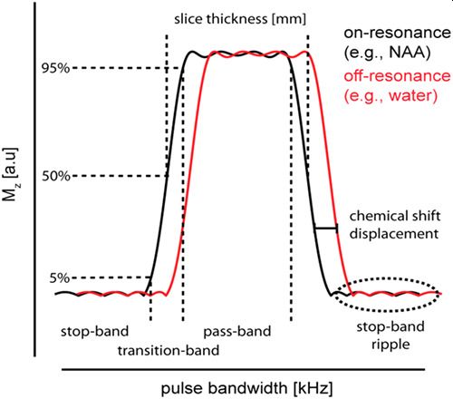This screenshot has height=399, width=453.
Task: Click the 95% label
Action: (56, 68)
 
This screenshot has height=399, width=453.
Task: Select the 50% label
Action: (56, 176)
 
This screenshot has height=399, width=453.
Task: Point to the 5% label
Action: (60, 278)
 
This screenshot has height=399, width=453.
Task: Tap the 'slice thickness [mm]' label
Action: (240, 19)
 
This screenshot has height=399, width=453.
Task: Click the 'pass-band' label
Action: (237, 331)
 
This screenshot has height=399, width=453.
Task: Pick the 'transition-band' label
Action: (169, 351)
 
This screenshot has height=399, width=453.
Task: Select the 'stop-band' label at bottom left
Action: (95, 331)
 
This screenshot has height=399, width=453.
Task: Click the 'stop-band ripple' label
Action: (390, 336)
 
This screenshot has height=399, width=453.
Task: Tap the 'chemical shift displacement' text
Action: (395, 225)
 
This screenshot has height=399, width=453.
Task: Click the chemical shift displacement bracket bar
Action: (326, 228)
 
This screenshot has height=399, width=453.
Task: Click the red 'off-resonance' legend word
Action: (398, 76)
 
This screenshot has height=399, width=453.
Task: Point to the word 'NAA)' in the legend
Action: (410, 53)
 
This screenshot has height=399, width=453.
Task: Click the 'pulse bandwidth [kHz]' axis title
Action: (246, 388)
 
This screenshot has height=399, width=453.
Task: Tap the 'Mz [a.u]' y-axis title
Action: (10, 174)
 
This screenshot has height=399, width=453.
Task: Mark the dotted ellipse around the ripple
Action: (388, 310)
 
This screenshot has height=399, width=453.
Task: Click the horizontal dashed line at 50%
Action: (120, 176)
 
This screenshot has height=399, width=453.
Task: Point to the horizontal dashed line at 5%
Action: (111, 277)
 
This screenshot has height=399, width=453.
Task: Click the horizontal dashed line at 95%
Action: (128, 68)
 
